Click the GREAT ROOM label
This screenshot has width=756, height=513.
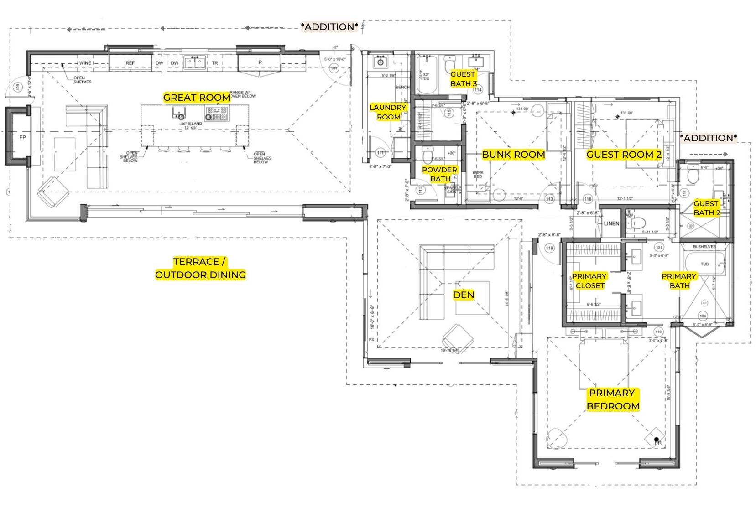click(x=197, y=97)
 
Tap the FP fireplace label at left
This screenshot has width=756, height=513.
click(x=22, y=137)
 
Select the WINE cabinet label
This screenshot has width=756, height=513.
click(x=85, y=63)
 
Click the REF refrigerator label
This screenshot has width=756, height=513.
click(x=130, y=63)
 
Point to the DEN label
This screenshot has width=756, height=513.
click(x=464, y=295)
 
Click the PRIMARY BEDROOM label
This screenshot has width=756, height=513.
click(x=612, y=399)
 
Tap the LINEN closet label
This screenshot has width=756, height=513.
click(x=611, y=223)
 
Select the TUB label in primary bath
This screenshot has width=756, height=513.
click(x=704, y=264)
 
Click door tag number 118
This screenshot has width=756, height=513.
click(x=549, y=249)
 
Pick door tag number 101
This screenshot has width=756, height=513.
click(x=334, y=68)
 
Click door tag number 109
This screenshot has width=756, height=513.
click(x=18, y=87)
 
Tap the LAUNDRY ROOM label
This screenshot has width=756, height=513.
click(x=388, y=112)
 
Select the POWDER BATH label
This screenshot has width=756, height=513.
click(x=439, y=174)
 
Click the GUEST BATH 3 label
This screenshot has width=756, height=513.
click(x=463, y=79)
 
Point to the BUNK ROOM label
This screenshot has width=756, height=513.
click(x=513, y=155)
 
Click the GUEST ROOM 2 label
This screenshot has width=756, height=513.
click(x=624, y=155)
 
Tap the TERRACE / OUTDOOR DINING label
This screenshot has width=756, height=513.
click(x=200, y=268)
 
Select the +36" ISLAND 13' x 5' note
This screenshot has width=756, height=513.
click(x=190, y=125)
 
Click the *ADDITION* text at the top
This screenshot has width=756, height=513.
click(x=329, y=26)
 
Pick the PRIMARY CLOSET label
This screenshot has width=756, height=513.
click(x=589, y=281)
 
